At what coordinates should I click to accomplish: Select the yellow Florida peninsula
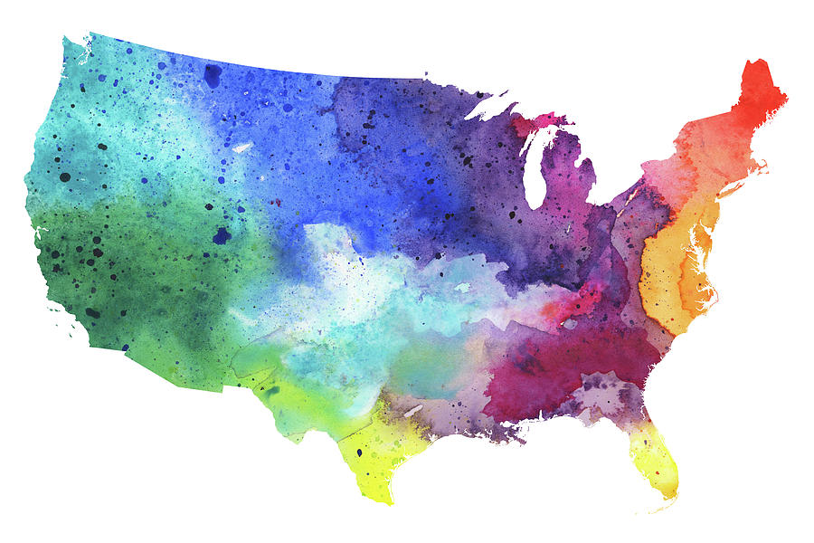[656, 457]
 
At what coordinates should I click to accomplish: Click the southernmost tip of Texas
[383, 500]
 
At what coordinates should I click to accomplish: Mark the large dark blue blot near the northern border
[213, 75]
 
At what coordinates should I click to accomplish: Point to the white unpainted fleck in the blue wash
[242, 147]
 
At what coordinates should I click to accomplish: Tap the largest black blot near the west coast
[65, 176]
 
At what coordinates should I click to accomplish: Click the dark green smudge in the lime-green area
[272, 391]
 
